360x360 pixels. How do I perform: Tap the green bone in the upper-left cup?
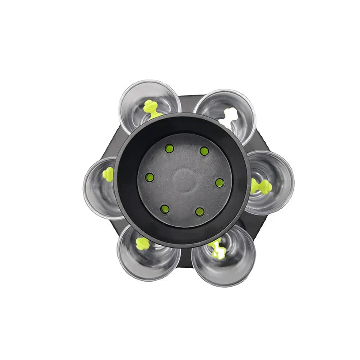pyautogui.click(x=151, y=108)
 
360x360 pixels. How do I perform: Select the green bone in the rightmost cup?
pyautogui.click(x=261, y=186)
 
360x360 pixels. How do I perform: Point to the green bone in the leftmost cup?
pyautogui.click(x=108, y=174)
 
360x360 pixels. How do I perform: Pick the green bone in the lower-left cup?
pyautogui.click(x=143, y=243)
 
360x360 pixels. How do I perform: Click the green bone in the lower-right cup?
pyautogui.click(x=217, y=248)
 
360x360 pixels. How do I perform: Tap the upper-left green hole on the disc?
pyautogui.click(x=169, y=148)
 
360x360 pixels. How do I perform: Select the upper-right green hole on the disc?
pyautogui.click(x=204, y=151)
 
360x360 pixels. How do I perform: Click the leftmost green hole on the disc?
pyautogui.click(x=150, y=177)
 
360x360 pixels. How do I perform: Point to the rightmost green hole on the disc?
pyautogui.click(x=220, y=183)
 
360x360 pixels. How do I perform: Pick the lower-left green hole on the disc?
pyautogui.click(x=165, y=209)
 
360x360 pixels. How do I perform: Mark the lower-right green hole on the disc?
pyautogui.click(x=200, y=211)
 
